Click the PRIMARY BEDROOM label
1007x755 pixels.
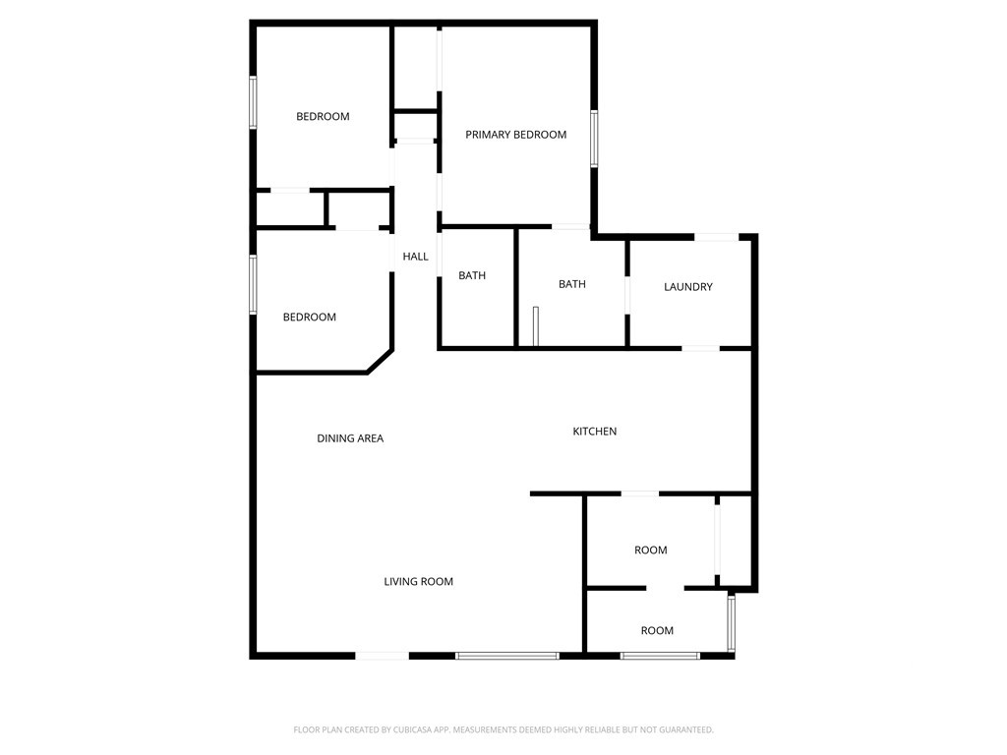515,134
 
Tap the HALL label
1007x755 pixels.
416,257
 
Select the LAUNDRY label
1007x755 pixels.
687,286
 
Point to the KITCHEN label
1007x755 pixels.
595,431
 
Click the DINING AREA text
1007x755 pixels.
350,437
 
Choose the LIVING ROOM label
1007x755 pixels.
418,581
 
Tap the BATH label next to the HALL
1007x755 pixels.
472,275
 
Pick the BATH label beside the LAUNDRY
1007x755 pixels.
572,284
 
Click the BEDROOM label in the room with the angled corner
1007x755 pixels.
310,317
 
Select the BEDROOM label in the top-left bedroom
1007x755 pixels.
323,116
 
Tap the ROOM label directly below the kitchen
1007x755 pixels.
651,550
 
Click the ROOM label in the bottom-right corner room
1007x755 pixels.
657,630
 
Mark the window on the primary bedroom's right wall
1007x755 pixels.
595,139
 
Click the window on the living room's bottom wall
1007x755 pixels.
507,656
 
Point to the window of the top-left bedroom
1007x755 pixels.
253,102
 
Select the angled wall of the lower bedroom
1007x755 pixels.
380,361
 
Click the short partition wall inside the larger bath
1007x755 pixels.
536,326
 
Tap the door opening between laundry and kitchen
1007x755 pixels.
700,348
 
